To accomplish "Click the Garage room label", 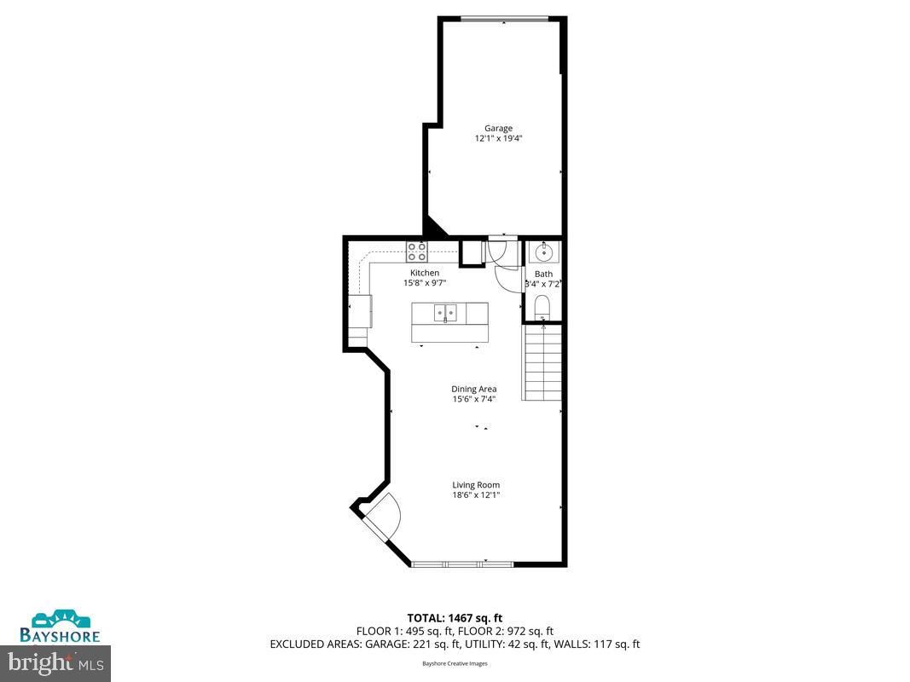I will pos(499,129).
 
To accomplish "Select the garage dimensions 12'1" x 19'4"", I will pos(499,138).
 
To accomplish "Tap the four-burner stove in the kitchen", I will pos(416,251).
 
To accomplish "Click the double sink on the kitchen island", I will pos(445,314).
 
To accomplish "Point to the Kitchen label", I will pos(424,273).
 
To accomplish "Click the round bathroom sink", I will pos(542,252).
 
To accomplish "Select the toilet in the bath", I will pos(542,307).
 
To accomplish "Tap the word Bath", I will pos(543,274).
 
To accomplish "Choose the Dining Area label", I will pos(474,390).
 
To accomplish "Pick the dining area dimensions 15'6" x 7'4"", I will pos(474,399).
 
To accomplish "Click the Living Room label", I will pos(476,485).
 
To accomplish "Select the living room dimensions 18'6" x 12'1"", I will pos(476,494).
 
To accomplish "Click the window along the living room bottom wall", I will pos(461,564).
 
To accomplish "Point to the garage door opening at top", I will pos(504,18).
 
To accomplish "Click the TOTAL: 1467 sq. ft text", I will pos(455,617).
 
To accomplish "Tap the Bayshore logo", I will pos(60,626).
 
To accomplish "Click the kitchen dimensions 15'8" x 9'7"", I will pos(424,282).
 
